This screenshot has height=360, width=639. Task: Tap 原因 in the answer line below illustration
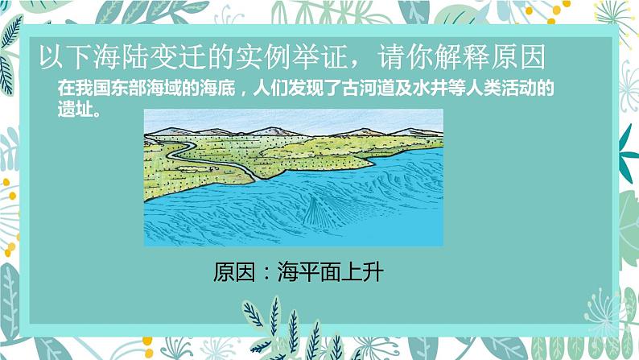(x=233, y=271)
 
